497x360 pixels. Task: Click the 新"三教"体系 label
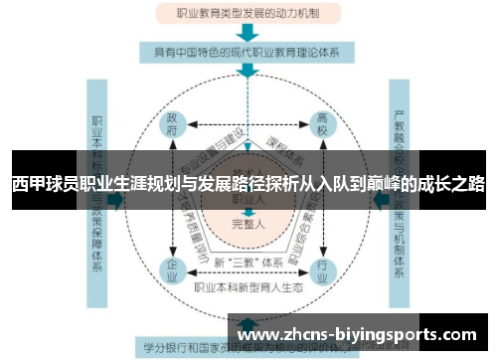click(x=248, y=263)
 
